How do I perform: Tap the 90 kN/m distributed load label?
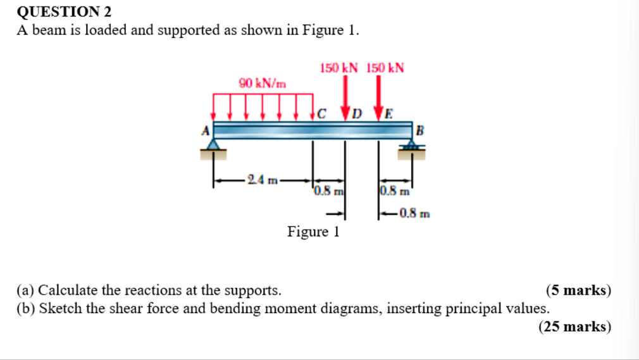click(262, 83)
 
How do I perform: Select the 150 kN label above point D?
click(339, 68)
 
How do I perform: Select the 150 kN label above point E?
click(385, 68)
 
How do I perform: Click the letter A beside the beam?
click(205, 130)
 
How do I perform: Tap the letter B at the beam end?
click(419, 131)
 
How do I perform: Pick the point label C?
click(322, 114)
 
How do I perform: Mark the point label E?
click(388, 114)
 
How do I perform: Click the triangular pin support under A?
click(214, 146)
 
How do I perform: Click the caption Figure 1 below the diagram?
click(313, 232)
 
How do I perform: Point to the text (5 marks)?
click(578, 290)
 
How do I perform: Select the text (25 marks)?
click(574, 326)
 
